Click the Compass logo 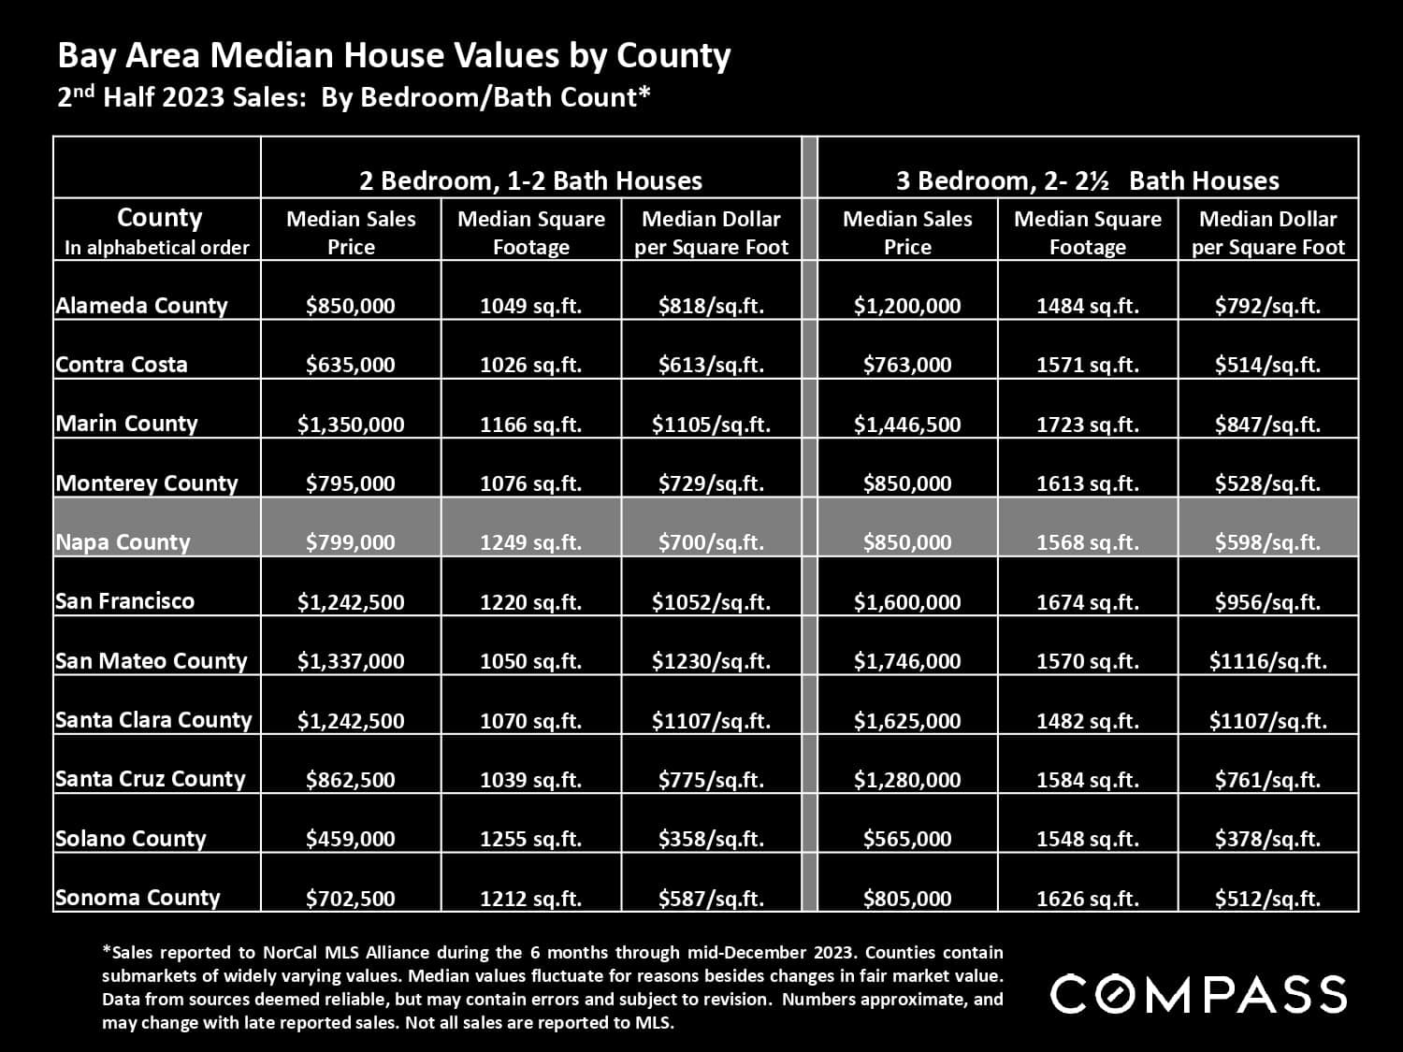pos(1198,994)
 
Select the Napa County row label pos(123,542)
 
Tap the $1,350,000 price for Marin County pos(351,425)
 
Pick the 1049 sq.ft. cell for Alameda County pos(530,306)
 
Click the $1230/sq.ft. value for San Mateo pos(711,661)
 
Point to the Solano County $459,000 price pos(351,839)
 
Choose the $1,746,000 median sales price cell pos(907,661)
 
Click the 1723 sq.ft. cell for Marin pos(1087,425)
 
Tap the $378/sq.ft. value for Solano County pos(1267,839)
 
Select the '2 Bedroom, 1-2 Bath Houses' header pos(531,180)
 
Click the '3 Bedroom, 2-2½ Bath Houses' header pos(1087,180)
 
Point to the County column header pos(158,219)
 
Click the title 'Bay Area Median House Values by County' pos(394,56)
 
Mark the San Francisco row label pos(124,601)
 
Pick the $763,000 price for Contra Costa pos(907,365)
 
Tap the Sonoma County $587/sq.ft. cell pos(711,899)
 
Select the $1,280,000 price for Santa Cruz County pos(907,780)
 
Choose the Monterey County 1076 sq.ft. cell pos(530,483)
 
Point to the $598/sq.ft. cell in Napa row pos(1267,542)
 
